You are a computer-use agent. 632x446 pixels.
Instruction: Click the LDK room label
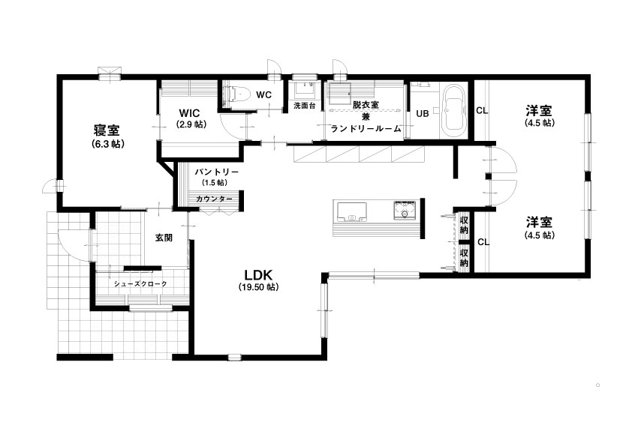coord(258,275)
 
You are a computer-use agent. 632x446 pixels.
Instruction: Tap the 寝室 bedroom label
coord(107,131)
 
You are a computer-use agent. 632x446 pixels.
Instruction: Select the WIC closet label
coord(189,113)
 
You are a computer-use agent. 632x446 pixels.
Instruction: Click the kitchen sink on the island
coord(351,211)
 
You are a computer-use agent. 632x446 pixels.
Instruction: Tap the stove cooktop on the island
coord(405,211)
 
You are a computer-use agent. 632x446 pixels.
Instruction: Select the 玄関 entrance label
coord(164,238)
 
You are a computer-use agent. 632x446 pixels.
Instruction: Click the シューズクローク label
coord(140,284)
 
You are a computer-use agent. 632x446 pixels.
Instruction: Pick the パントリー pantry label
coord(217,172)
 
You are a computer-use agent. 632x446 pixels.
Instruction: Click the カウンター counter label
coord(214,199)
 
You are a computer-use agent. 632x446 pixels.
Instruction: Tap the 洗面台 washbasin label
coord(304,106)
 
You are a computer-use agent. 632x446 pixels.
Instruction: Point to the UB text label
coord(423,114)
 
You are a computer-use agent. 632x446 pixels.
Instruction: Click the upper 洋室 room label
coord(539,110)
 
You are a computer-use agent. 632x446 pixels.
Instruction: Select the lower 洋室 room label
coord(539,222)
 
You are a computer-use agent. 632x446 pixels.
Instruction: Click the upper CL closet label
coord(482,110)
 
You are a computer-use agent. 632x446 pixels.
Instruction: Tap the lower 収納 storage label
coord(465,257)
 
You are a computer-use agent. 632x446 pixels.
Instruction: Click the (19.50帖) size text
coord(258,287)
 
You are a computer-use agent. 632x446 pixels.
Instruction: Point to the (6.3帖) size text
coord(107,144)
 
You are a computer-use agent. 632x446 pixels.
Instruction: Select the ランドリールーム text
coord(366,129)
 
